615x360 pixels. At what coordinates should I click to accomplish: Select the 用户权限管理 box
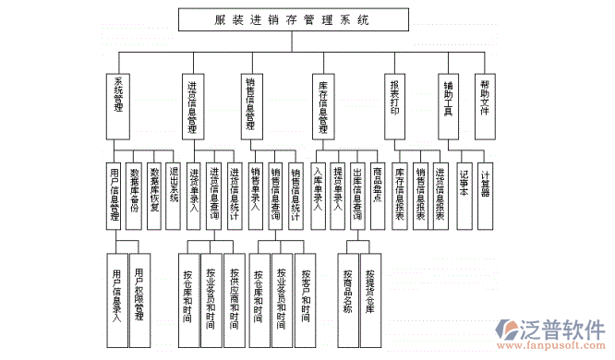(139, 292)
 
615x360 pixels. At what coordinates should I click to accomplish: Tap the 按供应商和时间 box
(235, 292)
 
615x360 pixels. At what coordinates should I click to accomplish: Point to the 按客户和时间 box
(304, 292)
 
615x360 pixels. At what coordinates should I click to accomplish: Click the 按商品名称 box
(348, 292)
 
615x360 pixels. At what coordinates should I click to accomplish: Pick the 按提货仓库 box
(369, 292)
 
